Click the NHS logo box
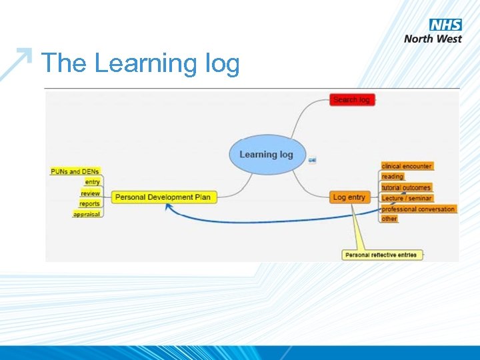click(446, 25)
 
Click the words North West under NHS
click(433, 39)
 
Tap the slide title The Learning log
click(141, 64)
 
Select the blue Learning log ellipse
click(266, 155)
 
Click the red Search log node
click(352, 100)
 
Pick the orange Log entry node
click(349, 197)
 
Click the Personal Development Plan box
click(163, 197)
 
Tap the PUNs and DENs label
click(75, 171)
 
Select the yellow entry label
click(92, 182)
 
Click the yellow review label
click(90, 193)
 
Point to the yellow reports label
click(89, 203)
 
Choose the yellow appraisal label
click(87, 214)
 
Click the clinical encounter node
click(407, 166)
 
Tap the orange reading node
click(393, 177)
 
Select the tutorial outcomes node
click(406, 187)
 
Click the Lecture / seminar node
click(407, 198)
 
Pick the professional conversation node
click(418, 209)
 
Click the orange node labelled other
click(389, 219)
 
